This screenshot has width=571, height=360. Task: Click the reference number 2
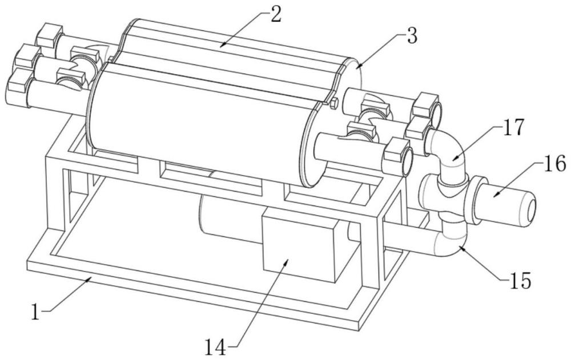[275, 15]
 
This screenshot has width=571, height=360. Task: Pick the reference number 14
[215, 347]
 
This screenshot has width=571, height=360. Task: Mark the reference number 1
[35, 312]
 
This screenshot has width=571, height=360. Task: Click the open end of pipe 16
[531, 210]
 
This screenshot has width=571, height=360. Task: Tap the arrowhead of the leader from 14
[287, 261]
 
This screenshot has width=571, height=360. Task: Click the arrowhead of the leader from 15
[461, 248]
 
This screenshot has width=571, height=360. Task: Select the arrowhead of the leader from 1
[89, 278]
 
